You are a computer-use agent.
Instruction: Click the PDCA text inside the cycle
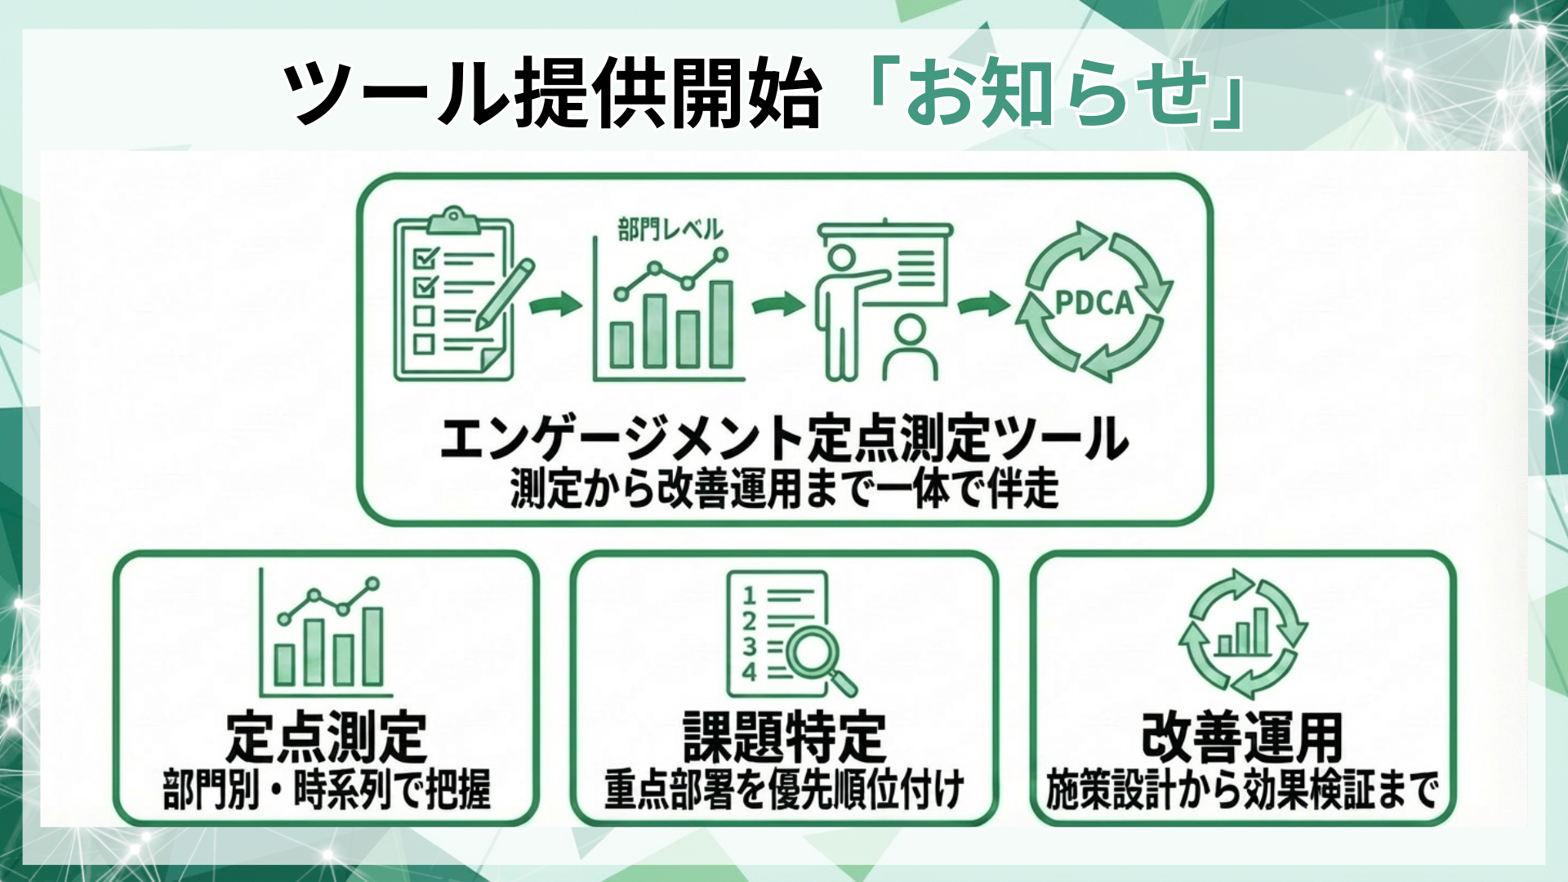(x=1094, y=303)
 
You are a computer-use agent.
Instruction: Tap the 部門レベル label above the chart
(x=670, y=229)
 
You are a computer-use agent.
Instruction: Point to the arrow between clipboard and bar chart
(x=555, y=305)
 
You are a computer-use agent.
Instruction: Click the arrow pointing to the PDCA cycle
(x=983, y=304)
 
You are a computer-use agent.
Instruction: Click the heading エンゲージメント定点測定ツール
(x=784, y=439)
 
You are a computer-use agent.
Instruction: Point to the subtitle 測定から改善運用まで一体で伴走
(x=784, y=489)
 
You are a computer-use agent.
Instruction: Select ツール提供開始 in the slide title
(x=552, y=93)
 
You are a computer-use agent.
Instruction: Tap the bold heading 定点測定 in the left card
(x=326, y=737)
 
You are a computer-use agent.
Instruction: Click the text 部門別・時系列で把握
(x=327, y=790)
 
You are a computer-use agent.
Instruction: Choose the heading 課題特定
(x=784, y=737)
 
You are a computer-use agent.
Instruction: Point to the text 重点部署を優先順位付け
(x=784, y=790)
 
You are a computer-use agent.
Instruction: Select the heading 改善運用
(x=1242, y=737)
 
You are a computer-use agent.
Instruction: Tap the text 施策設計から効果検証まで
(x=1242, y=790)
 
